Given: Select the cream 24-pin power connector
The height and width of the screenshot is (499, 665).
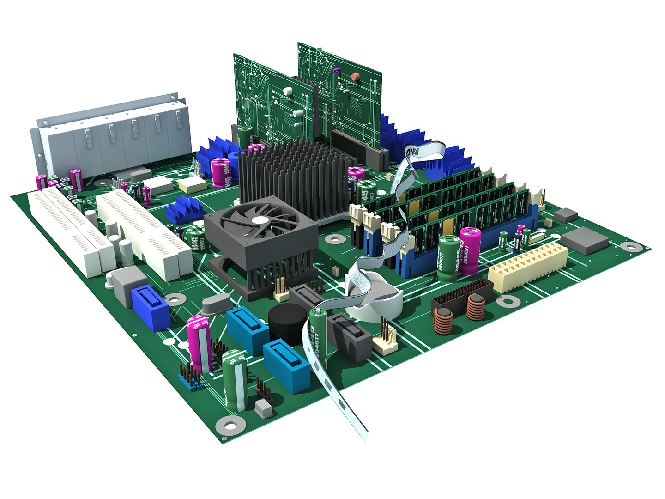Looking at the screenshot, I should click(528, 268).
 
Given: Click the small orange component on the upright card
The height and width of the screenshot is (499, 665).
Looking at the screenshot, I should click(355, 77).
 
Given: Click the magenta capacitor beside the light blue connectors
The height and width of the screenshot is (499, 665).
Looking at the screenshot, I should click(199, 343).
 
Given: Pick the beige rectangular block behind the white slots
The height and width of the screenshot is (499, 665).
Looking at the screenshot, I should click(193, 185).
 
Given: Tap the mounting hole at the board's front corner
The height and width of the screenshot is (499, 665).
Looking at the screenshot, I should click(230, 424).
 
